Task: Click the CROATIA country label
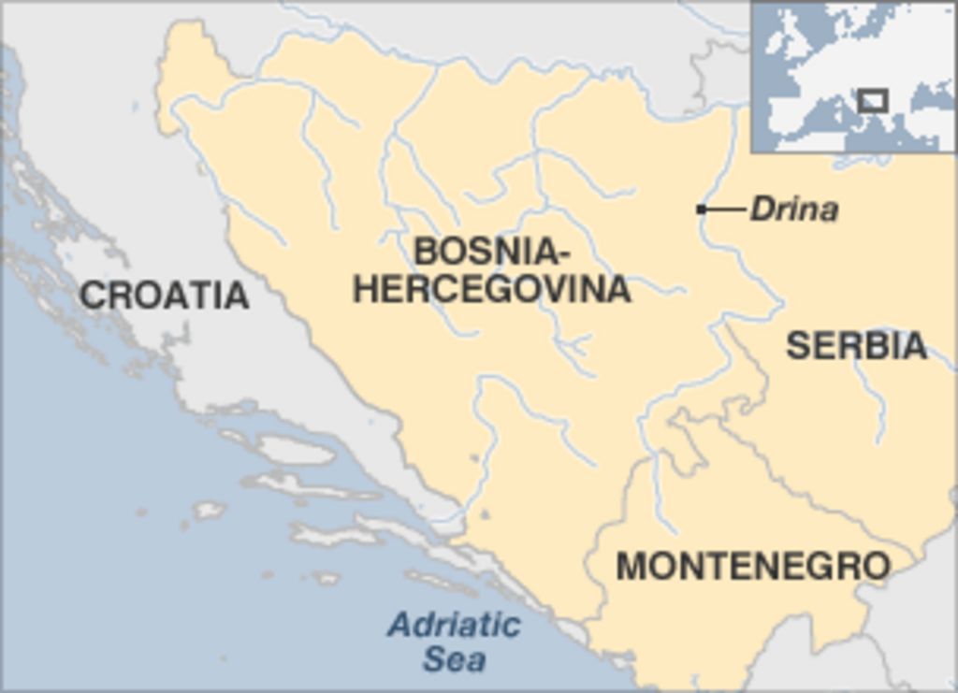click(164, 296)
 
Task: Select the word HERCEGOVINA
click(491, 289)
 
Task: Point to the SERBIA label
click(856, 346)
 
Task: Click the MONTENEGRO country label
click(753, 566)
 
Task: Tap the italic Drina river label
click(794, 209)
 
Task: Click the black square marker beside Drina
click(701, 209)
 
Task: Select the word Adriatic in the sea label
click(454, 625)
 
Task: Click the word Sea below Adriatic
click(455, 659)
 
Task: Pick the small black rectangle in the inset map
click(873, 100)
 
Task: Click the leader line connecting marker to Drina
click(725, 209)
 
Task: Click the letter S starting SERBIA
click(796, 346)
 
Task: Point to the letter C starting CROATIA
click(91, 296)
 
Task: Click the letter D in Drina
click(762, 209)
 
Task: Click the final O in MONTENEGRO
click(876, 566)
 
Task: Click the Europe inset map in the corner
click(853, 77)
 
